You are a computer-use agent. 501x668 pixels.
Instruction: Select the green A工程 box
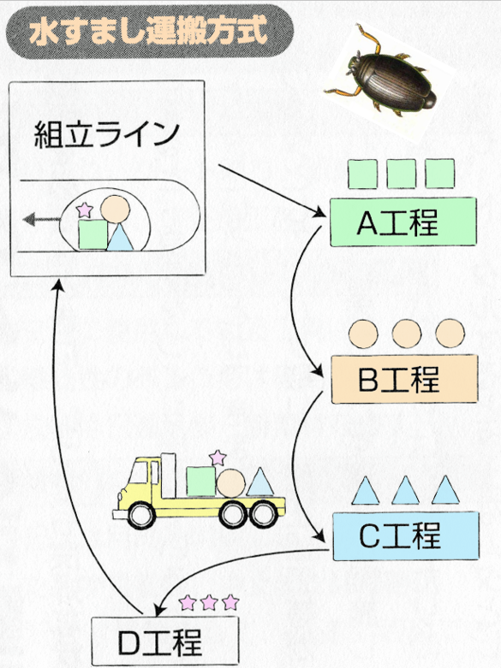tap(403, 222)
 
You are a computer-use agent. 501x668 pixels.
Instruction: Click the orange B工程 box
tap(404, 379)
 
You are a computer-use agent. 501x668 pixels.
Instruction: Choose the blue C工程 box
tap(406, 536)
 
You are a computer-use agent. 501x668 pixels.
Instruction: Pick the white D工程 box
tap(165, 641)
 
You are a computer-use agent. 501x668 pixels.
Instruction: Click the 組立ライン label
tap(106, 134)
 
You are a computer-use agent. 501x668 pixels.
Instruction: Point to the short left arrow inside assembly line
tap(41, 220)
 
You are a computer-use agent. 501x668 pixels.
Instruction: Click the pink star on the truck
tap(218, 457)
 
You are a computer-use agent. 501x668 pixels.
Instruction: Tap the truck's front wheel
tap(142, 515)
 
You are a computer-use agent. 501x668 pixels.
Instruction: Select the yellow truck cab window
tap(138, 472)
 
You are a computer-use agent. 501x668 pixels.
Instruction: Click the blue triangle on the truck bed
tap(259, 481)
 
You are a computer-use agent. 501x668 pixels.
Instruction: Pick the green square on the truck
tap(201, 482)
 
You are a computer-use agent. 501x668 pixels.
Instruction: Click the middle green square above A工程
tap(401, 174)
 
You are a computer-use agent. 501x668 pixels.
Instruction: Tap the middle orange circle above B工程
tap(407, 334)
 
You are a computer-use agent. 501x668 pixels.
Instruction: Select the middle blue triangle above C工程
tap(405, 490)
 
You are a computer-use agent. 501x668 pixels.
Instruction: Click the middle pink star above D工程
tap(209, 603)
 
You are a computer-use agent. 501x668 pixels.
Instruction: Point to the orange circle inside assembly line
tap(116, 209)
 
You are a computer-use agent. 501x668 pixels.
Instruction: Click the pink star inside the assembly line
tap(85, 210)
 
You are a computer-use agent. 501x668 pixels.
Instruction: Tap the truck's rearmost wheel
tap(264, 515)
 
